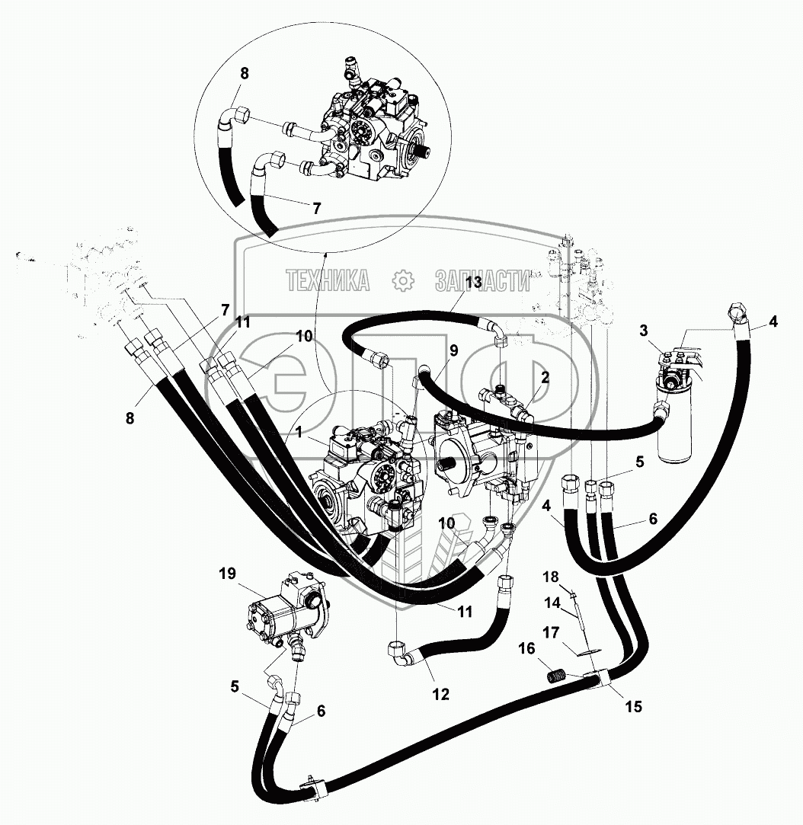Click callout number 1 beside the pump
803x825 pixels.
299,432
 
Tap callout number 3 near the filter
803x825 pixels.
644,330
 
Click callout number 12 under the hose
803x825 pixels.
440,694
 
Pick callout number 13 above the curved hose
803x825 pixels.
473,282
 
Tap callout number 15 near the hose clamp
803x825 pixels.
633,706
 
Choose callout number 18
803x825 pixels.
550,576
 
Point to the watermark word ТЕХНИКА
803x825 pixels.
328,281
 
